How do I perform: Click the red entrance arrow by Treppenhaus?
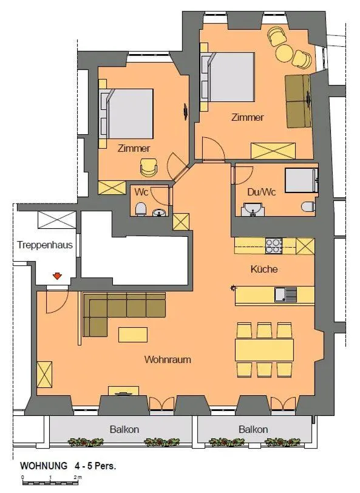tap(57, 277)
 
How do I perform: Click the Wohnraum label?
tap(167, 359)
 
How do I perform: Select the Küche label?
tap(264, 269)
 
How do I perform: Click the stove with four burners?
tap(274, 246)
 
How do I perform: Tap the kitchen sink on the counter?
tap(285, 295)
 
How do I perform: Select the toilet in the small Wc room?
tap(141, 209)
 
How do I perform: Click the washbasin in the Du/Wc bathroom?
tap(252, 211)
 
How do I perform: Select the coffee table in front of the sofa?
tap(132, 335)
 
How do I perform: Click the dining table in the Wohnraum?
tap(264, 350)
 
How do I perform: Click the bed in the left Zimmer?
tap(127, 114)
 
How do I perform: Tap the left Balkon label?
tap(124, 429)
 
